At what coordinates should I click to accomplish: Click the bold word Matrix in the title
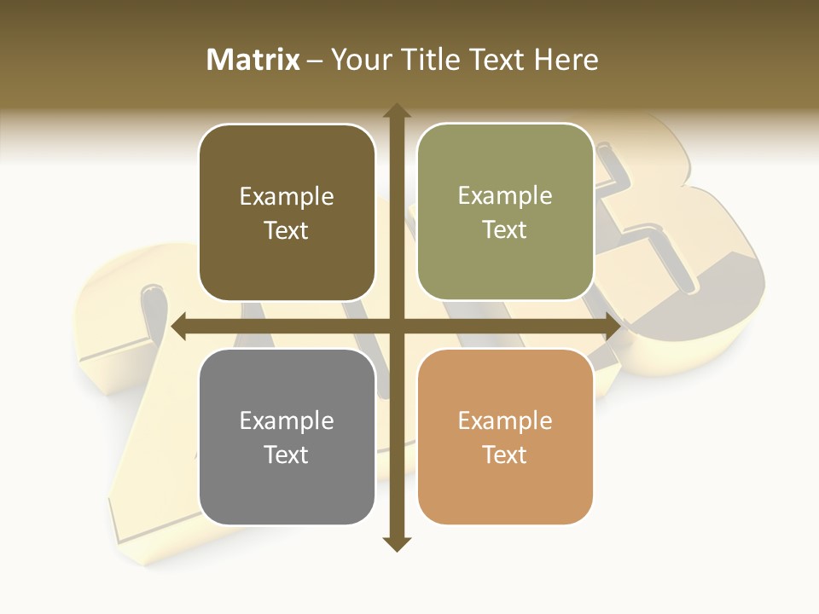click(253, 60)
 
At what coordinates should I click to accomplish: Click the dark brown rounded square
click(287, 212)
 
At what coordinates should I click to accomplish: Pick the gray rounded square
click(287, 437)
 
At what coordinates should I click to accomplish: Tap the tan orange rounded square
click(505, 437)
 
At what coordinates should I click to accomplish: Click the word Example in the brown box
click(287, 197)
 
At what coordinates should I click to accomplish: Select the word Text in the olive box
click(505, 230)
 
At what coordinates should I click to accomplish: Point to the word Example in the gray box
click(287, 421)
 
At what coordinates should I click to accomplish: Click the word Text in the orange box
click(505, 455)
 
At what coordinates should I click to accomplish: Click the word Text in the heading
click(497, 60)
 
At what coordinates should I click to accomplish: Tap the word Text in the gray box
click(287, 455)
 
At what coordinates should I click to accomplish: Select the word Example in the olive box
click(505, 196)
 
